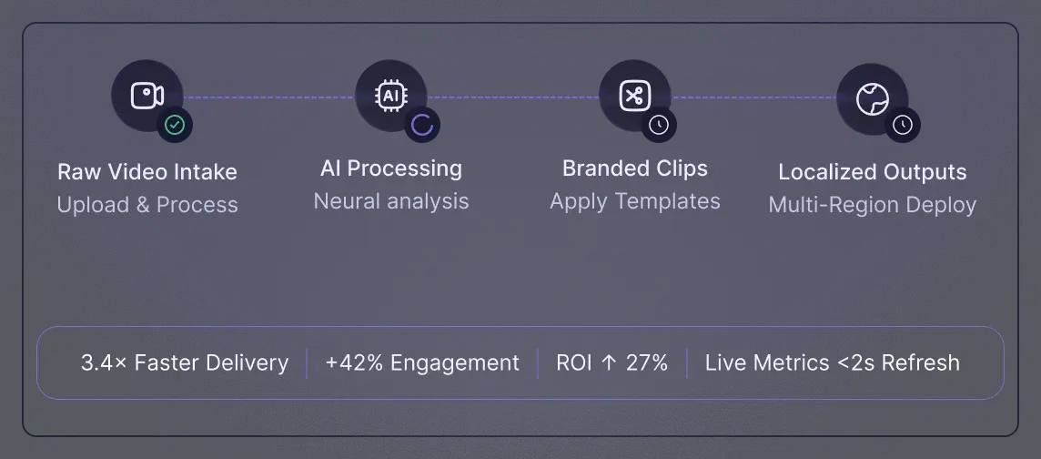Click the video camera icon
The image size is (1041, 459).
tap(147, 96)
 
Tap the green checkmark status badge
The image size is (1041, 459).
tap(175, 125)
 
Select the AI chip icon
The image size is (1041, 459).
tap(391, 96)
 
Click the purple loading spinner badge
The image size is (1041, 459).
tap(421, 125)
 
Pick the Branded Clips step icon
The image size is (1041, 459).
tap(634, 96)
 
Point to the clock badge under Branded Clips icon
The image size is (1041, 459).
tap(658, 125)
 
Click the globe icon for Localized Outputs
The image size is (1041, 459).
tap(872, 99)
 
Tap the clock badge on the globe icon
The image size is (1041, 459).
tap(902, 125)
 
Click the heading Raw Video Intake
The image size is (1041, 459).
tap(147, 172)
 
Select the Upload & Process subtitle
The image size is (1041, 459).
tap(147, 205)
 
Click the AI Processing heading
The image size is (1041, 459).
tap(391, 168)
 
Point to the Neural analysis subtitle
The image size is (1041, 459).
tap(391, 201)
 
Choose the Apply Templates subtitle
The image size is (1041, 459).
tap(634, 201)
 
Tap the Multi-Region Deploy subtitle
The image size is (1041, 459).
tap(872, 205)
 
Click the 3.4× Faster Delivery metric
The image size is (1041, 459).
tap(185, 362)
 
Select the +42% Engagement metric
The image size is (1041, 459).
tap(422, 362)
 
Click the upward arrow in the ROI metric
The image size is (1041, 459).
tap(608, 362)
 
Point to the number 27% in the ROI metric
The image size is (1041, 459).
tap(647, 362)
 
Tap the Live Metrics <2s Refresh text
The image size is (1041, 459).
tap(832, 362)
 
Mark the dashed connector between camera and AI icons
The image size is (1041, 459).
tap(268, 97)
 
